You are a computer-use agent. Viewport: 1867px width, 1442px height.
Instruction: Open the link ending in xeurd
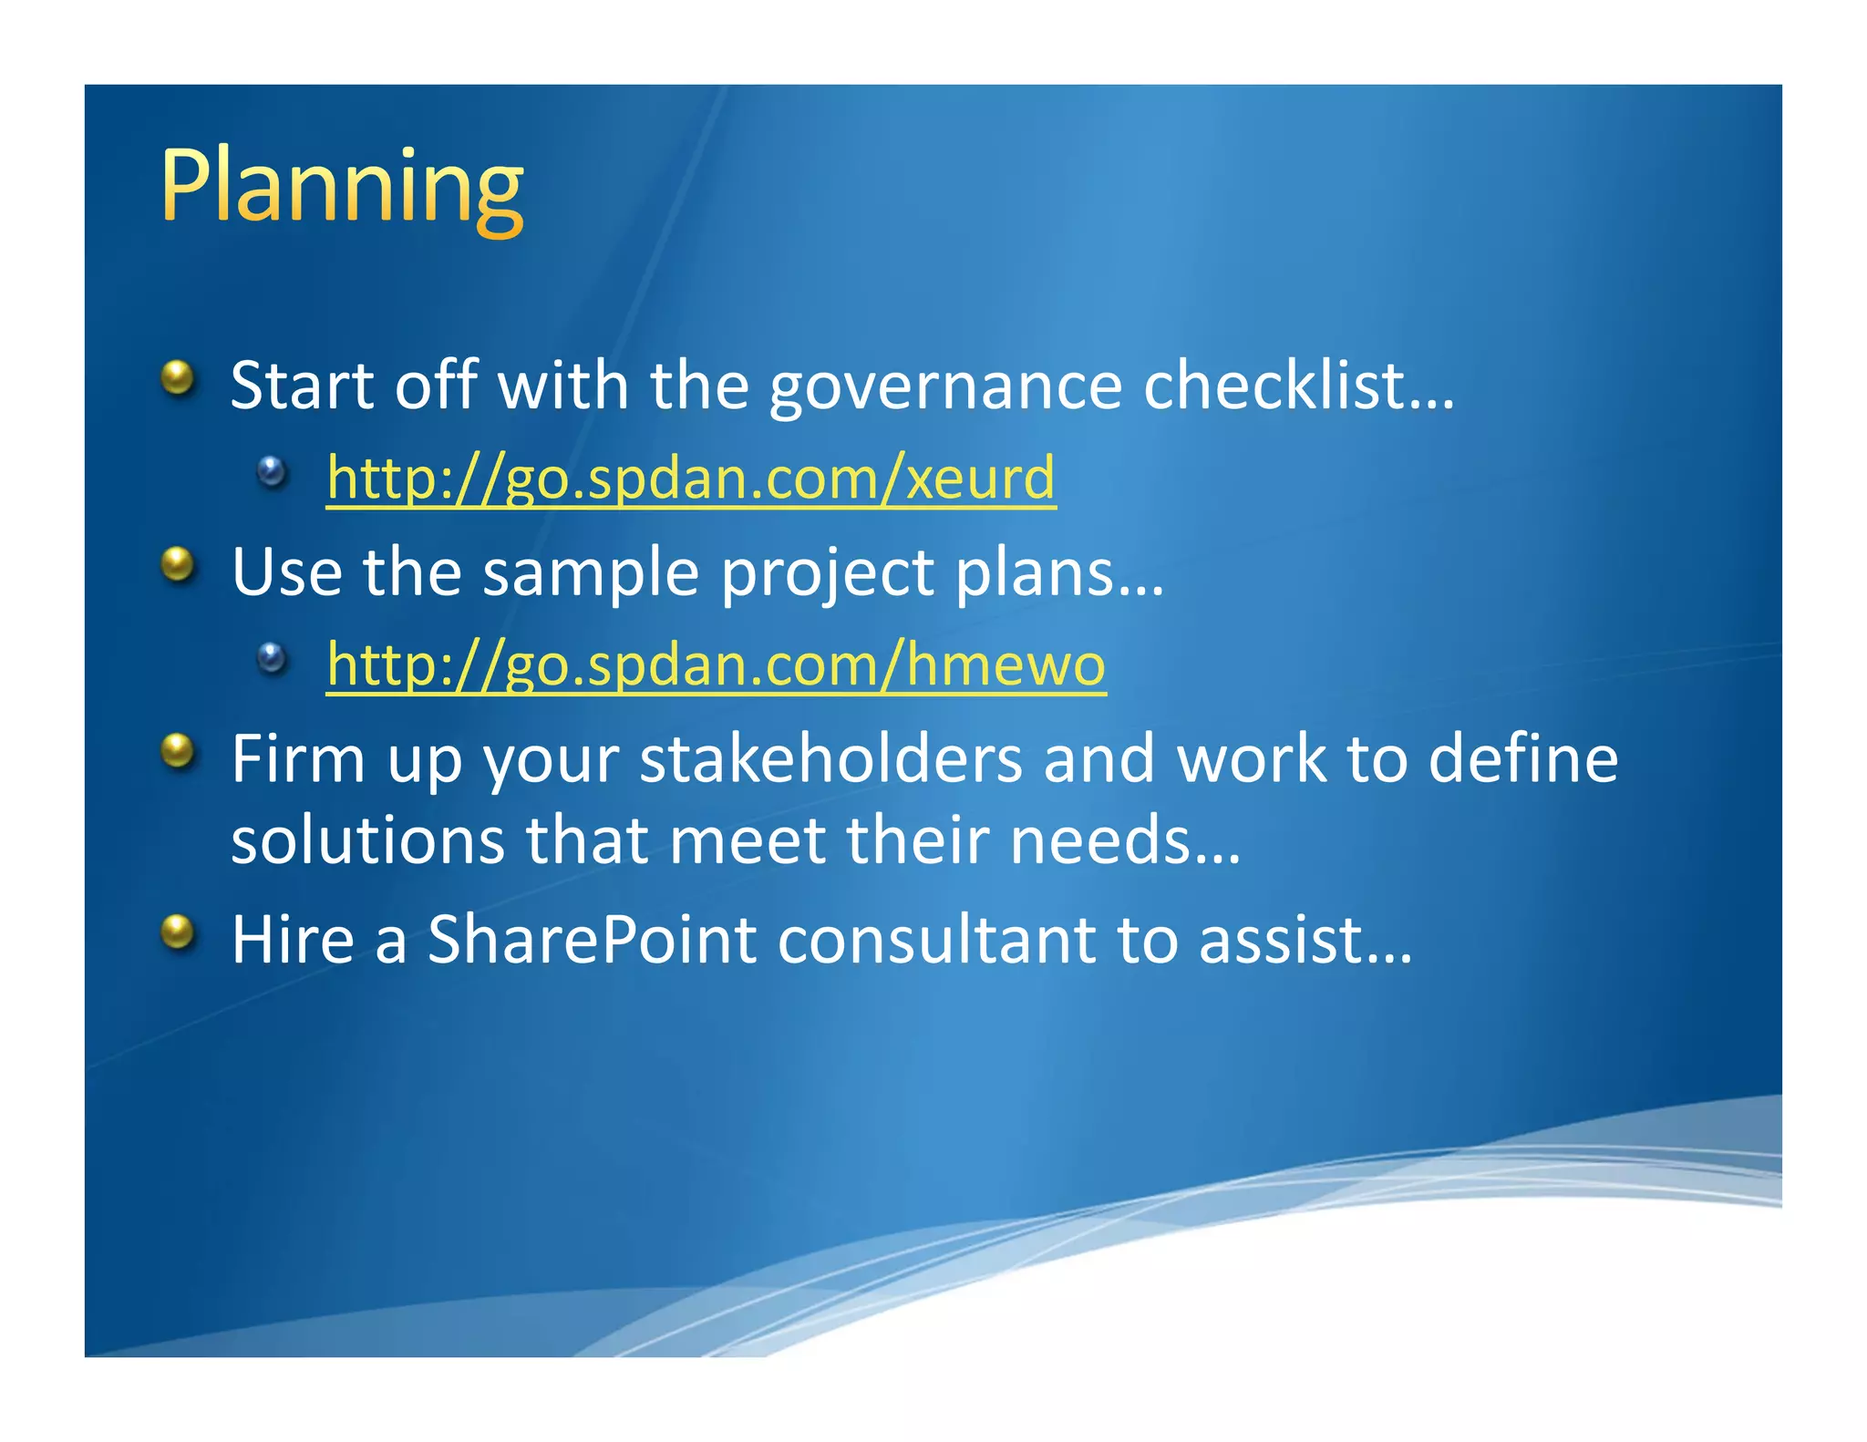click(691, 478)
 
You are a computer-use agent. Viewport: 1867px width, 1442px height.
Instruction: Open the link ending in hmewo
click(716, 664)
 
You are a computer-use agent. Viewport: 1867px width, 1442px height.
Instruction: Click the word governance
click(945, 386)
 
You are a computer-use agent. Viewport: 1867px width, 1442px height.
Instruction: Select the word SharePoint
click(592, 940)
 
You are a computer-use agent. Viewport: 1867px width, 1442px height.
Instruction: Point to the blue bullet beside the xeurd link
click(272, 471)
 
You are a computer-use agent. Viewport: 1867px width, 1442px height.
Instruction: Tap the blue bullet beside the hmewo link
click(272, 657)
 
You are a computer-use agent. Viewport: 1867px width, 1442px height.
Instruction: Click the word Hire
click(292, 940)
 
